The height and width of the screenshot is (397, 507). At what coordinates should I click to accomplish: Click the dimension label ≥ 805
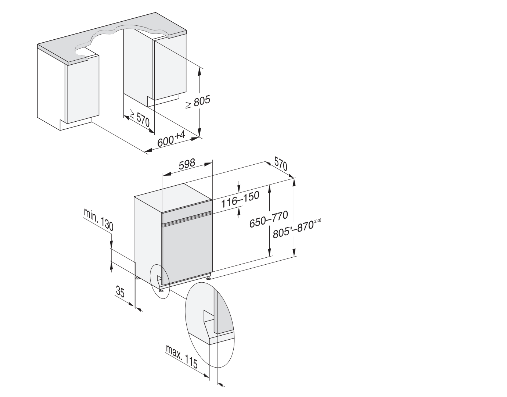198,101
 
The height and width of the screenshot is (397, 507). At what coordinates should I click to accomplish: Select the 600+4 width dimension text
171,139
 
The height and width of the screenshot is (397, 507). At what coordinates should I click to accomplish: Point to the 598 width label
187,164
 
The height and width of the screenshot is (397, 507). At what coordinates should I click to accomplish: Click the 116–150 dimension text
240,199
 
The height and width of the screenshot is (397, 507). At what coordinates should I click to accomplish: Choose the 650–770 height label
269,219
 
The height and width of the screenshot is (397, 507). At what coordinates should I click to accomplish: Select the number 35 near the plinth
120,292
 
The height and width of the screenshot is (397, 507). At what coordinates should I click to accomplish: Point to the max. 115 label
182,356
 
